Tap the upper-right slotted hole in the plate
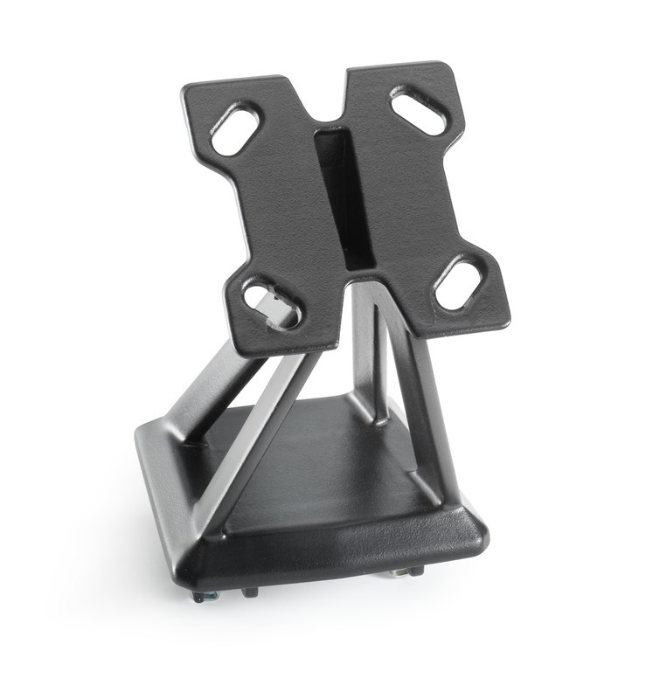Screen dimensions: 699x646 (419, 111)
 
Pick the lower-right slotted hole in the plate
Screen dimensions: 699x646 (459, 281)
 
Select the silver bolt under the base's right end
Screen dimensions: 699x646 (401, 572)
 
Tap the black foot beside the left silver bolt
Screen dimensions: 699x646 (250, 592)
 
